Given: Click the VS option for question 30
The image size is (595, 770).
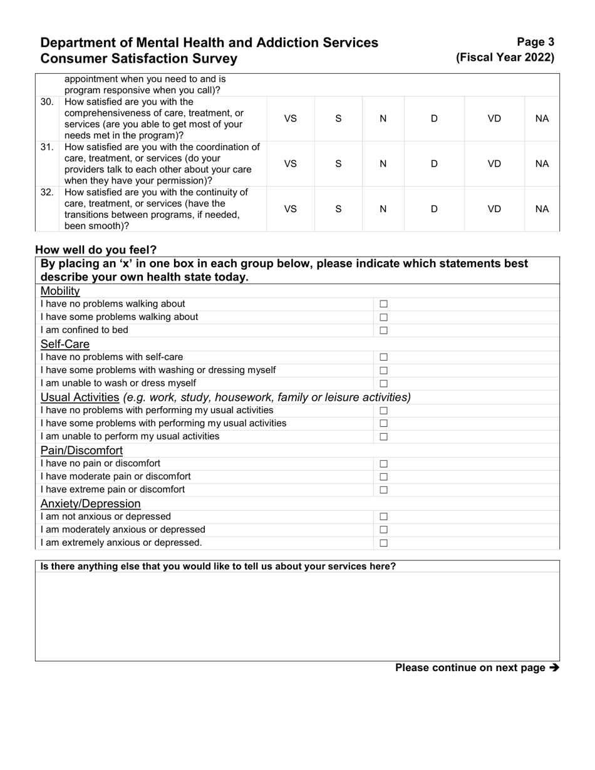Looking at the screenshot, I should (x=291, y=118).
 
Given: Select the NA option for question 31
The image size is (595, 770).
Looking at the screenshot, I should (x=542, y=163).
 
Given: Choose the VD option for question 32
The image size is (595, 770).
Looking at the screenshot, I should (x=494, y=208).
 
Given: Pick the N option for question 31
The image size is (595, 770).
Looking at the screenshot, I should (x=383, y=163).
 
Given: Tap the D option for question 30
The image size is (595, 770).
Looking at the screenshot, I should (x=434, y=118).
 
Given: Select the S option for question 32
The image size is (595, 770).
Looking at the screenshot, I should (x=338, y=208).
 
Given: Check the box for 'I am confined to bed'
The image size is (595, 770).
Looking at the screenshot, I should (x=384, y=331).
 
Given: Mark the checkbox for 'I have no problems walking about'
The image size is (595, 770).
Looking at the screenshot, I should (x=384, y=304).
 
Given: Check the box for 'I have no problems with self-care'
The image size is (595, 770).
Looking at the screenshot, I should (x=384, y=357).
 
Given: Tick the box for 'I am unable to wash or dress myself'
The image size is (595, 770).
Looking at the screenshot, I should (x=384, y=384).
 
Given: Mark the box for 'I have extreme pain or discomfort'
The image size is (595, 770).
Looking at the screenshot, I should (x=384, y=490).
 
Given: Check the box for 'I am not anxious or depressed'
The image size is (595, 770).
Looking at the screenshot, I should (x=384, y=517).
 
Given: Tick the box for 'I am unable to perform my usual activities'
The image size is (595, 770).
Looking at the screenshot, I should (x=384, y=437).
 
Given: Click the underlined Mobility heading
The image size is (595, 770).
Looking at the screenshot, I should (x=60, y=291).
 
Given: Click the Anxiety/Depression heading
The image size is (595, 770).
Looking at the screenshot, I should (x=90, y=504).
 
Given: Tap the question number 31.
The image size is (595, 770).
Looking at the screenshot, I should (x=47, y=147).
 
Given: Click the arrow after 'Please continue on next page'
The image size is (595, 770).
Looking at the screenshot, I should (x=554, y=668).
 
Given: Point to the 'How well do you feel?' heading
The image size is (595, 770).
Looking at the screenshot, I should (x=96, y=250).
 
